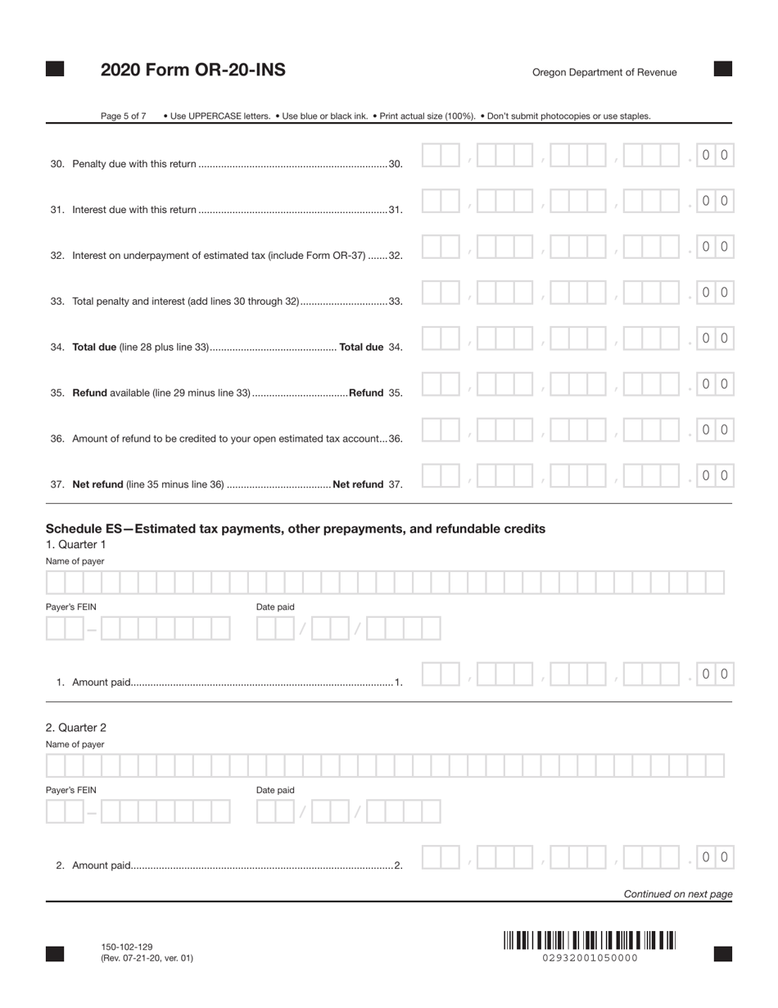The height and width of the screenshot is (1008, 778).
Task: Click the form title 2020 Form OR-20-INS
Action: (x=192, y=70)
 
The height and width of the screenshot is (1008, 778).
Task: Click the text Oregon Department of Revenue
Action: (x=604, y=72)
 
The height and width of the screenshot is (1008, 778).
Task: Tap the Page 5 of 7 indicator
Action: (x=123, y=116)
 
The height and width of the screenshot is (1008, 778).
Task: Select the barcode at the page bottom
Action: (x=590, y=940)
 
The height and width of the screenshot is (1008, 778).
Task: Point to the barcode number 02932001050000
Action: (x=590, y=958)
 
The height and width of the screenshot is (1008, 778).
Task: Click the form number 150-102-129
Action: (x=127, y=947)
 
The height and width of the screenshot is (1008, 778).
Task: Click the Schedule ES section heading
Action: (x=295, y=529)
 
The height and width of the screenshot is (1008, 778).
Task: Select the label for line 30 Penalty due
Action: (x=134, y=164)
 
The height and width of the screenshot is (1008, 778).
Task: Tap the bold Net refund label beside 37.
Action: (x=358, y=484)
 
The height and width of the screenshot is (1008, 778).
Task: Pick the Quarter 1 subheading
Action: (x=76, y=544)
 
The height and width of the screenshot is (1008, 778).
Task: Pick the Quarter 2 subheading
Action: (x=76, y=728)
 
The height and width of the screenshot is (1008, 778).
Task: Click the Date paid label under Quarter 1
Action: (x=275, y=606)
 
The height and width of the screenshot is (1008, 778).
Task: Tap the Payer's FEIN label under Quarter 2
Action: (x=71, y=790)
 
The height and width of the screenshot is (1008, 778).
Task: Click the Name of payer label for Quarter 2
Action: (x=75, y=744)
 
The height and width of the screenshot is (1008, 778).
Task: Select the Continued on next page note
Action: (x=678, y=894)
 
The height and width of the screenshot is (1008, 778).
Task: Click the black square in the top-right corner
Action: (x=723, y=69)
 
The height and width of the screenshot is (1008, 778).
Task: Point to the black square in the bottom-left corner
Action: (x=55, y=953)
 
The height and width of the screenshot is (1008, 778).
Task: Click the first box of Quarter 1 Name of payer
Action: (x=56, y=583)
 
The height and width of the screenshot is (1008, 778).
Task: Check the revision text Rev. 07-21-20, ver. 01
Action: (x=147, y=958)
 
